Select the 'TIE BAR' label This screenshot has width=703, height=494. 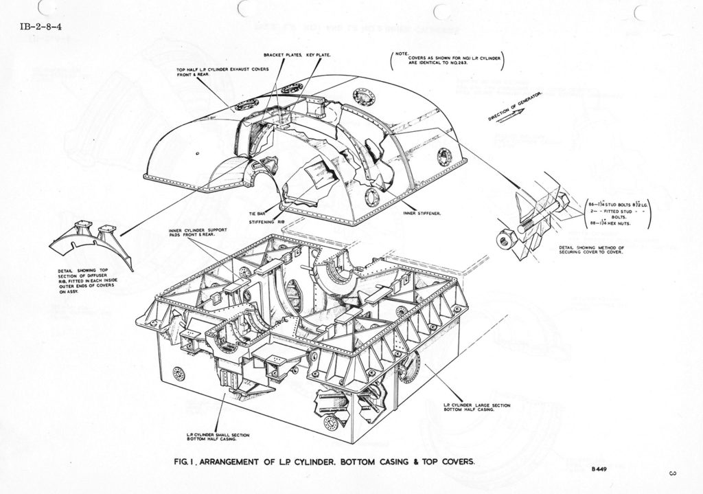click(x=257, y=214)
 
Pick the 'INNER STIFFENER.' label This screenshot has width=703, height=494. click(x=421, y=213)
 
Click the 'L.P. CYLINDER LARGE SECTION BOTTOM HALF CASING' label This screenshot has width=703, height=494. click(x=476, y=407)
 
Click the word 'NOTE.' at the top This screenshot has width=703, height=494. click(x=402, y=52)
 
